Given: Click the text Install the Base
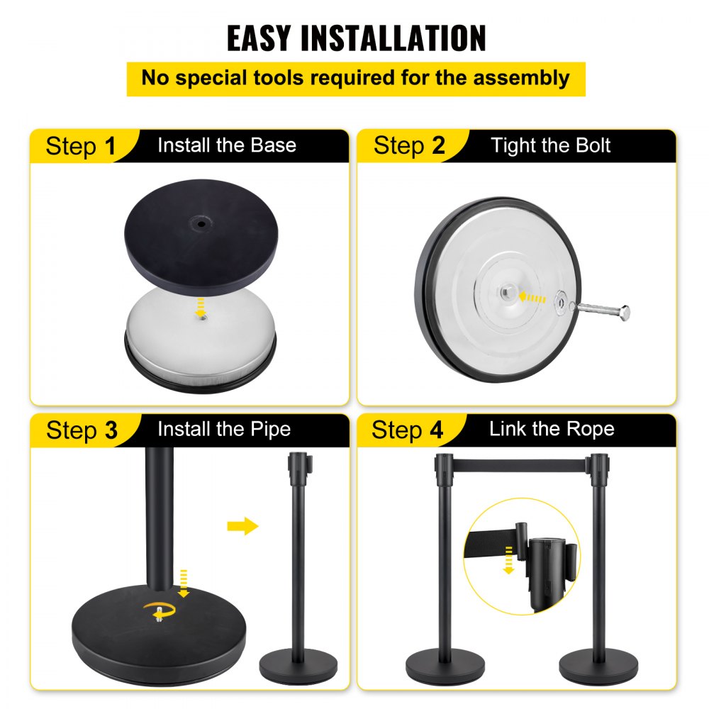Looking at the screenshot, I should pos(227,146).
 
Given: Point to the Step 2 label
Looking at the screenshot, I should pos(410,146).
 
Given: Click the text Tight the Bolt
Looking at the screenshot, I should pos(551,146).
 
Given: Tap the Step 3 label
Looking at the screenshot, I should pos(82,430).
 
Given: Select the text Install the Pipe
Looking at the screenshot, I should pos(224,430).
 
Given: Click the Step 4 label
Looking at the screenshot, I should pos(408,430).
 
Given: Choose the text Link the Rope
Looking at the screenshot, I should pos(552,429).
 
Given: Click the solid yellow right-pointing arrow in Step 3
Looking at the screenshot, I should pos(242,526).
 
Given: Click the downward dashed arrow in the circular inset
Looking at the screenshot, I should pos(508,561).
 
